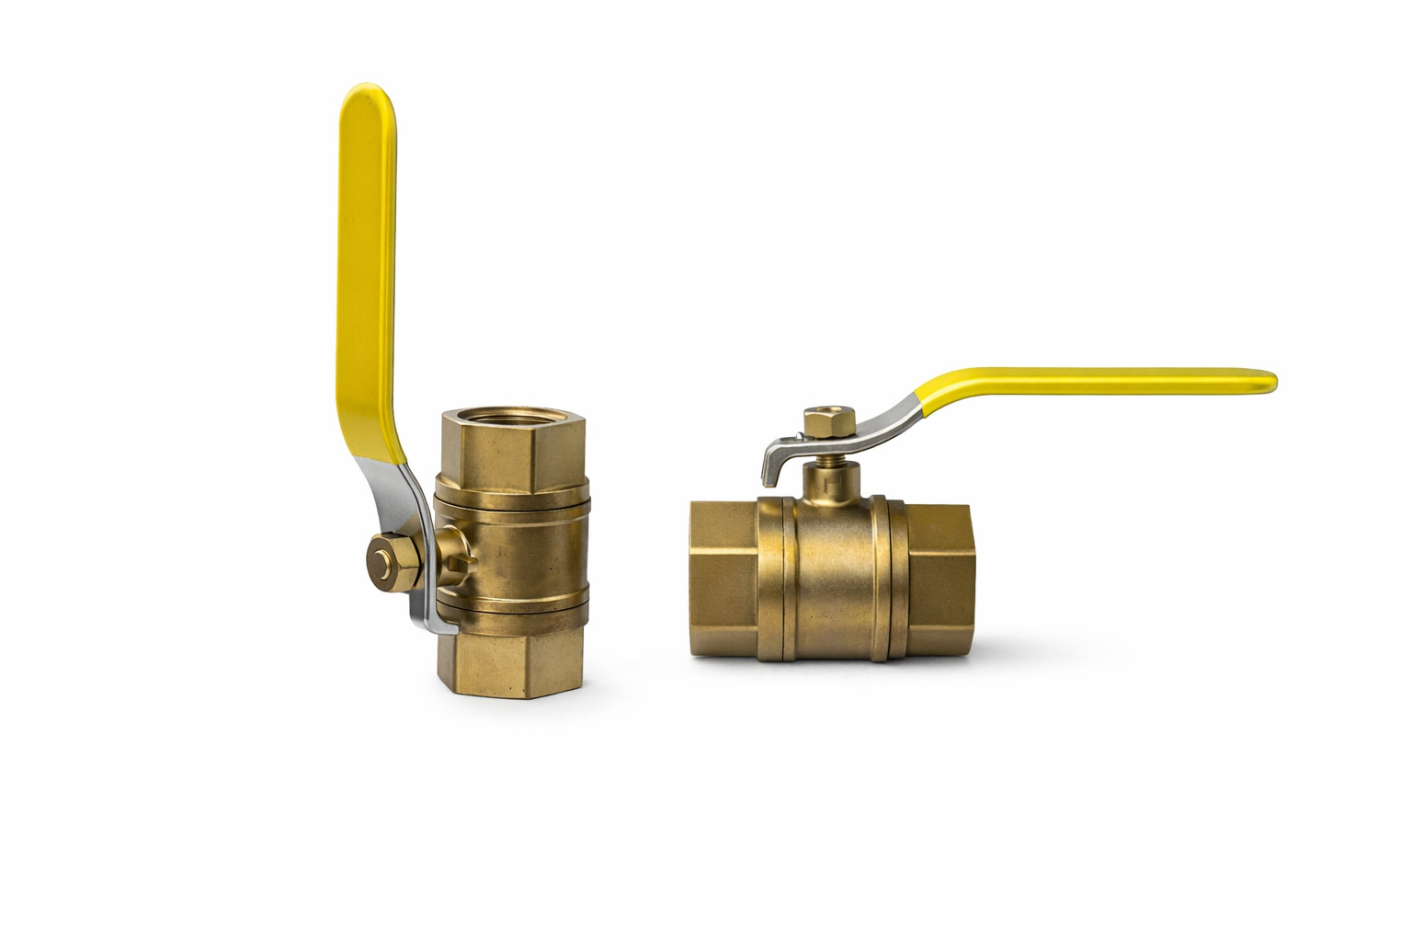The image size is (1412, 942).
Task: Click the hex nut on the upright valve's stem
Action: pos(386,558)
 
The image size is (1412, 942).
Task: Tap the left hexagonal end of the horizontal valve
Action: pos(723,578)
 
